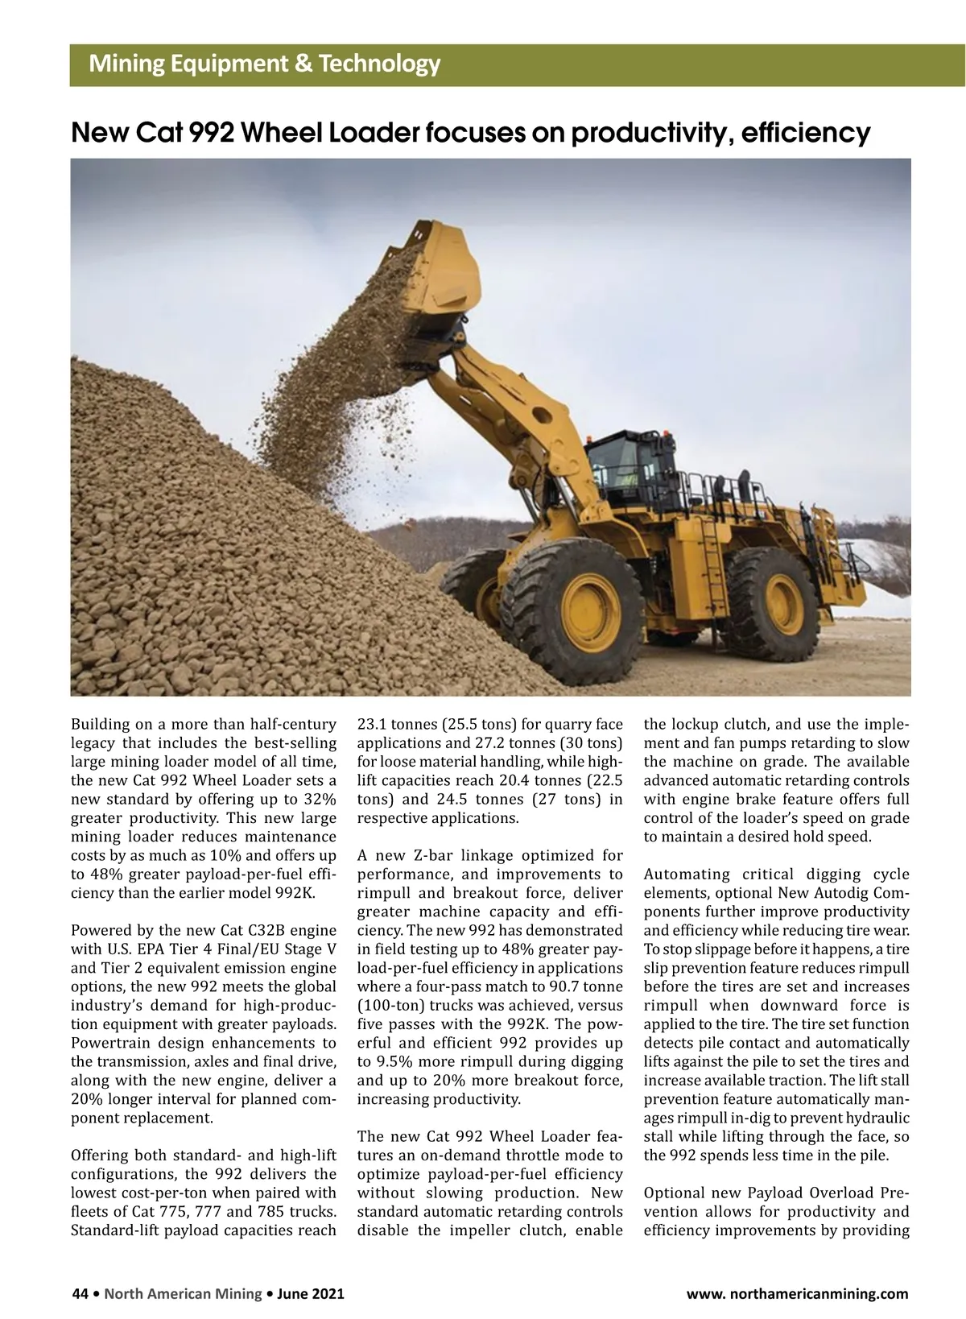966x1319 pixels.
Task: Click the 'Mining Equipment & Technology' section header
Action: (265, 64)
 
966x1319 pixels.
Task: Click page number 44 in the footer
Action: (80, 1294)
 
